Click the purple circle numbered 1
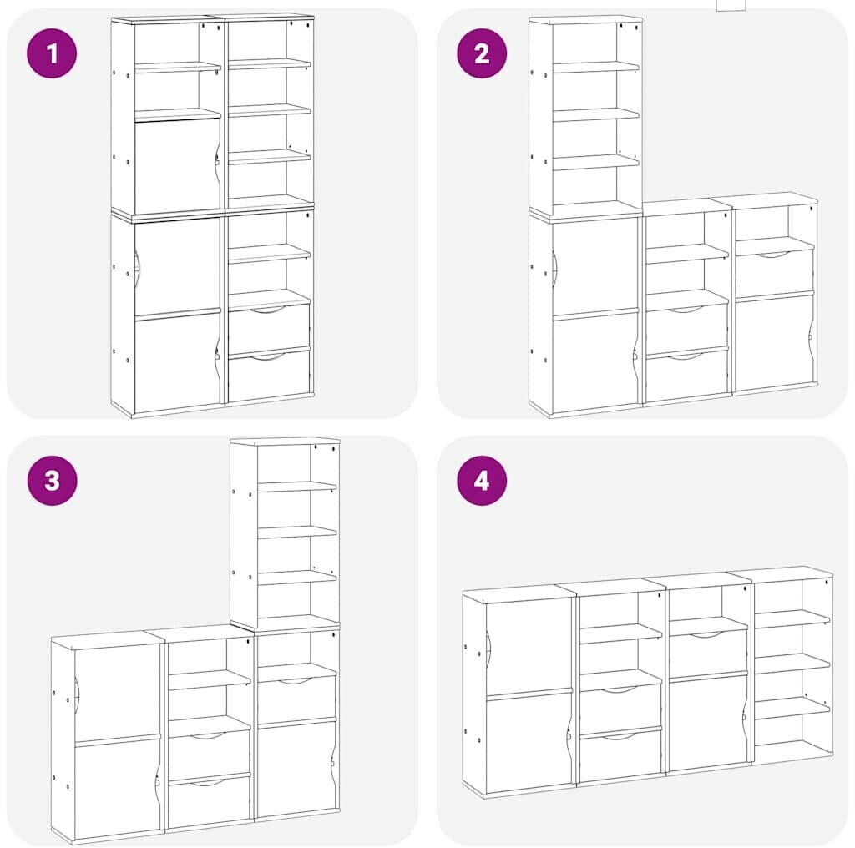(x=52, y=53)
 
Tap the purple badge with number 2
(x=482, y=53)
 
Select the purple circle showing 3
(x=52, y=481)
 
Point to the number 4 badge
(x=482, y=481)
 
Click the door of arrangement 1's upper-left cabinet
(x=177, y=165)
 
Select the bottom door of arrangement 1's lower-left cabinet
(x=177, y=362)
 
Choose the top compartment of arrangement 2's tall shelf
(x=584, y=43)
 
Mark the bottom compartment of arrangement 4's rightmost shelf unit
(x=792, y=735)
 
